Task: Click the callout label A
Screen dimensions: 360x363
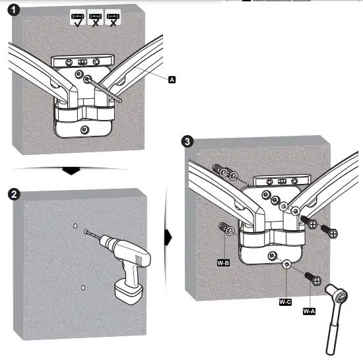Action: pos(172,79)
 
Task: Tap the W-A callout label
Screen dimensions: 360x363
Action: pos(309,310)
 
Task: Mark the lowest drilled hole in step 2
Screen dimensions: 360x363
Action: pos(82,287)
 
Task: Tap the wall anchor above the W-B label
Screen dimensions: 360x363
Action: pos(226,230)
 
